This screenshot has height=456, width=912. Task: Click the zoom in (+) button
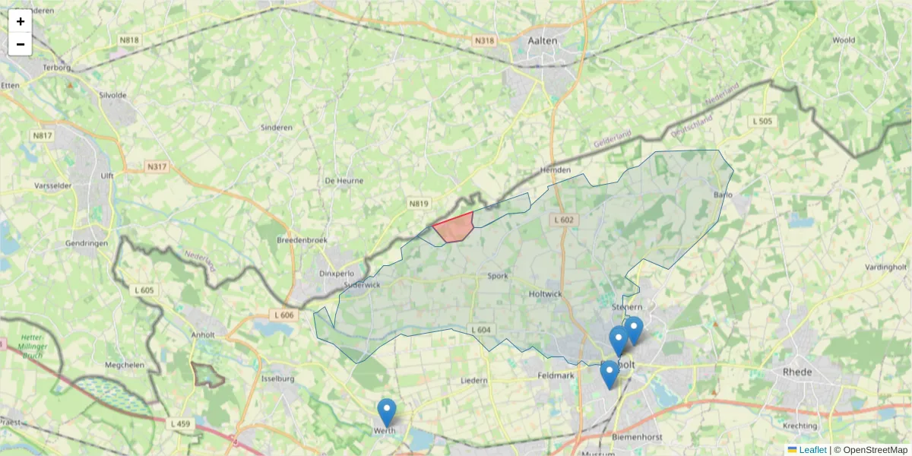click(x=21, y=21)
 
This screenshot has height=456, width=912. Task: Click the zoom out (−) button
click(x=21, y=44)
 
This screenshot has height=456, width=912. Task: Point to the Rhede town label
click(x=797, y=372)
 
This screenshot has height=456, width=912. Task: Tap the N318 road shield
click(x=483, y=41)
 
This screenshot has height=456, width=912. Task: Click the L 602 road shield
click(x=563, y=220)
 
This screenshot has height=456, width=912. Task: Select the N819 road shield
click(x=419, y=204)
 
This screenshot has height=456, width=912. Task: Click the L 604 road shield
click(x=480, y=329)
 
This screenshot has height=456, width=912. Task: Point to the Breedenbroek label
click(x=302, y=239)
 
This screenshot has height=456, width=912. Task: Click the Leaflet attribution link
click(x=812, y=450)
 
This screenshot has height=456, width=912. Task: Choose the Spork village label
click(x=498, y=276)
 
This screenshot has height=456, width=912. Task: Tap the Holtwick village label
click(x=544, y=293)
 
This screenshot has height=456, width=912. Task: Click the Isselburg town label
click(x=277, y=378)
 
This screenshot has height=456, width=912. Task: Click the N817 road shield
click(x=43, y=135)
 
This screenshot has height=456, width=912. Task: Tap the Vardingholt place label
click(x=887, y=267)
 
